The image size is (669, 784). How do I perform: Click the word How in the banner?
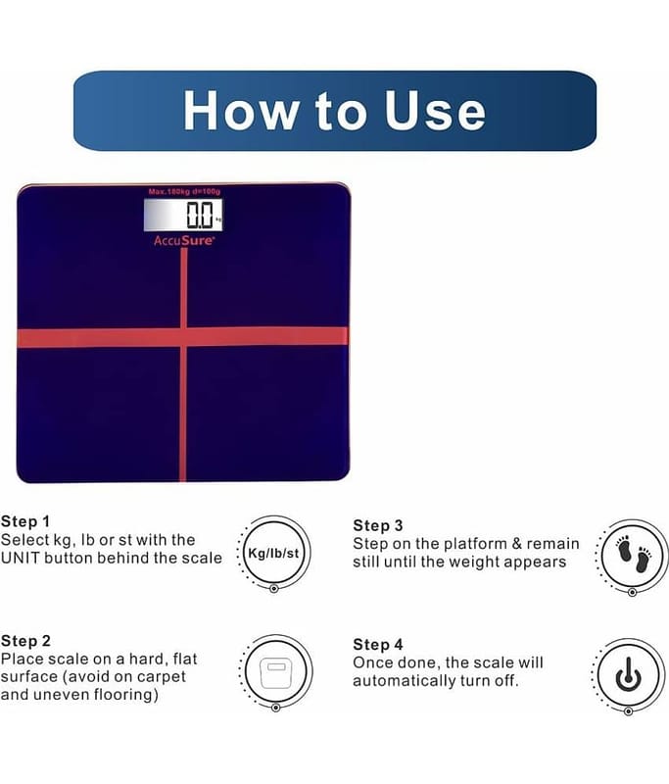pos(240,111)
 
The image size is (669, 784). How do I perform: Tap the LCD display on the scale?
pos(183,215)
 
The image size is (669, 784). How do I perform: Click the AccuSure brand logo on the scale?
pos(184,240)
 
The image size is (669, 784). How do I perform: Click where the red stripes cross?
pos(183,336)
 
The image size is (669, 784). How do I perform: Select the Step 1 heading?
pos(25,521)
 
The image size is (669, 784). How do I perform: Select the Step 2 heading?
pos(26,641)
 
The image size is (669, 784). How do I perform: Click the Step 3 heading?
pos(378,525)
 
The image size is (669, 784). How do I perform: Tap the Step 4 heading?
pos(378,645)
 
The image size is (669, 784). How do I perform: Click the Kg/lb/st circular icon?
pos(274,553)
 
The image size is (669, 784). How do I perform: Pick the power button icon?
pos(629,675)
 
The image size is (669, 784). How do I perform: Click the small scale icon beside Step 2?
pos(276,672)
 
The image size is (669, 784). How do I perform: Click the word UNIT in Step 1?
pos(20,558)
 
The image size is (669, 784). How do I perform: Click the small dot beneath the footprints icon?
pos(632,592)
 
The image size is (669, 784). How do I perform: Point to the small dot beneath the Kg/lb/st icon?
pos(274,589)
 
